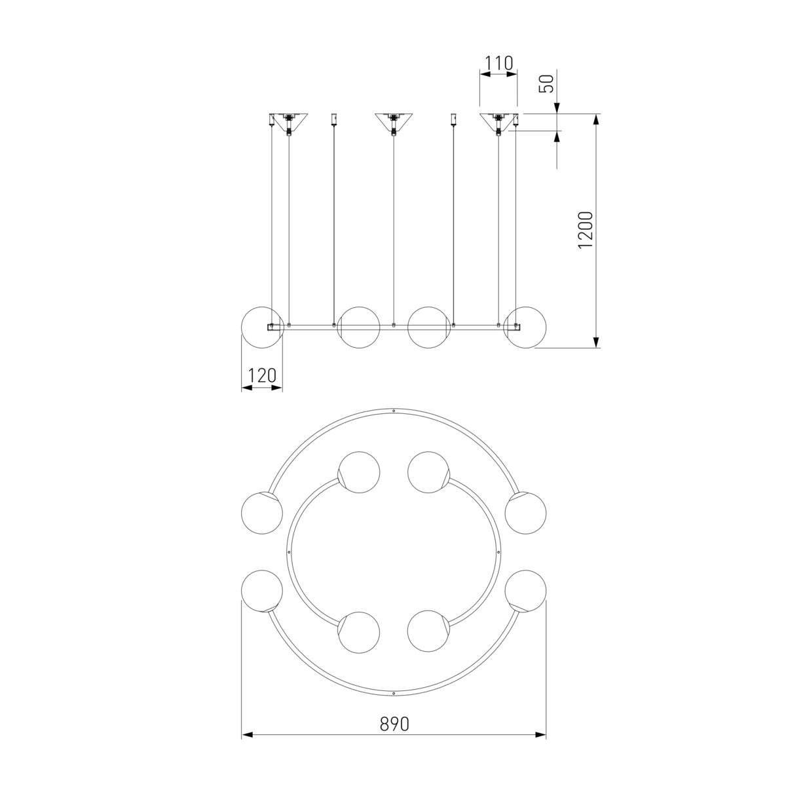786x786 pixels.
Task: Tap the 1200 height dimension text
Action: point(586,230)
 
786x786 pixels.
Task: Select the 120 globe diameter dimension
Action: point(262,375)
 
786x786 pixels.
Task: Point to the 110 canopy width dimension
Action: point(498,64)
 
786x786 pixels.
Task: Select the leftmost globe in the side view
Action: point(262,327)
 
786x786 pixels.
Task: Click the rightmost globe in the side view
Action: point(525,327)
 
